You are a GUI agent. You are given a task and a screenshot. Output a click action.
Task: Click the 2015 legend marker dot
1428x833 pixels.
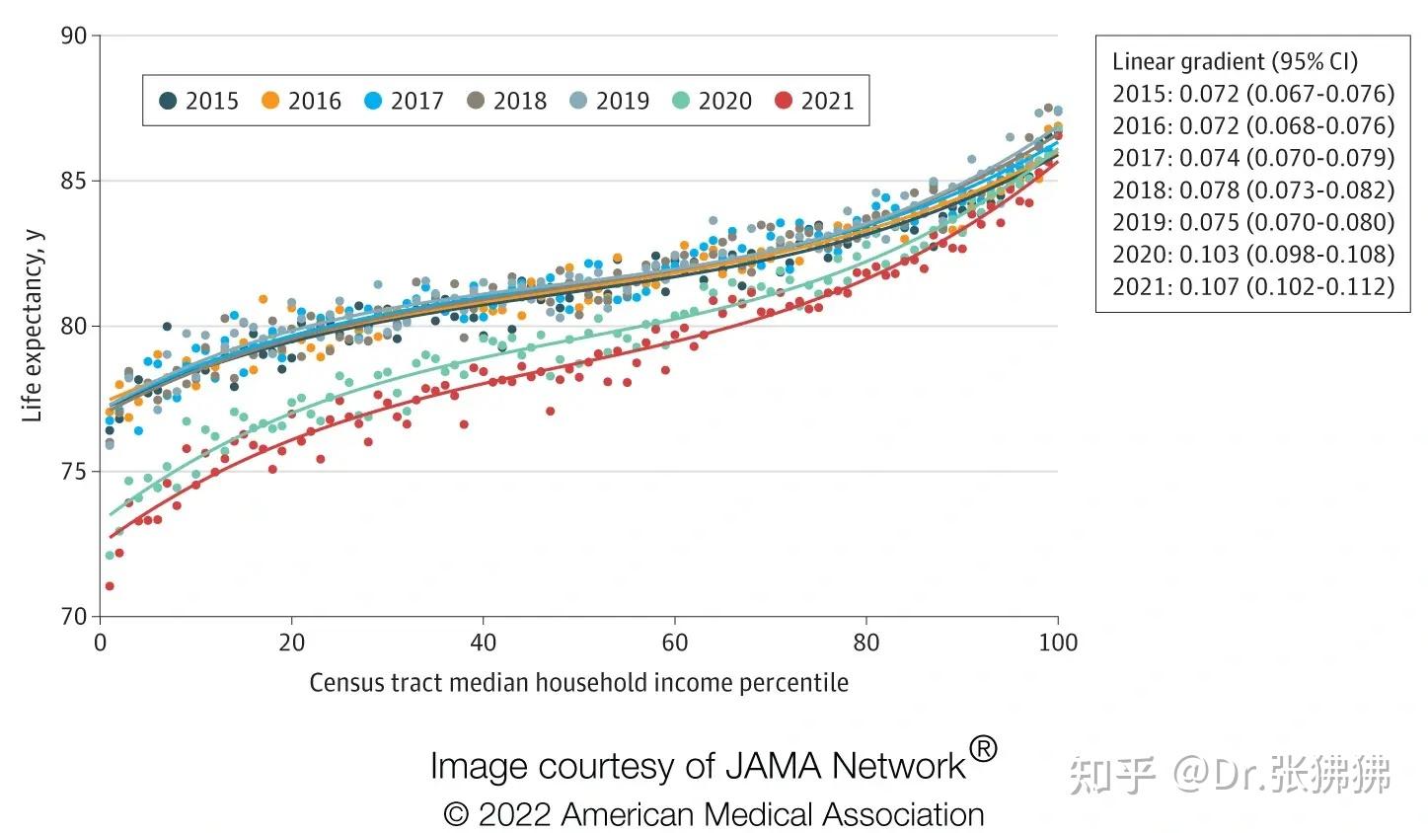point(169,101)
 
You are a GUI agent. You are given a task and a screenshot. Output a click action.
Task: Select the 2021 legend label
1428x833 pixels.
point(827,101)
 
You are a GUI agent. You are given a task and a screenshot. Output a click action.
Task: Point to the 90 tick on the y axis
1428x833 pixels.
point(74,36)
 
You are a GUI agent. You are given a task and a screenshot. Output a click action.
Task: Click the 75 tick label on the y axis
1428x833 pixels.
point(74,472)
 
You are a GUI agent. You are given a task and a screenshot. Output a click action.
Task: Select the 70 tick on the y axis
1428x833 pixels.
point(74,617)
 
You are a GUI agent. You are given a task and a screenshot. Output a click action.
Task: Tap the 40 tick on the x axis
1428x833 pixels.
point(483,643)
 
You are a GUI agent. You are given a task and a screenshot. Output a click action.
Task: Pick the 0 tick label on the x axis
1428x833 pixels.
point(101,643)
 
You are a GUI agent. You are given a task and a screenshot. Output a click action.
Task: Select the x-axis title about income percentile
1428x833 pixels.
point(578,683)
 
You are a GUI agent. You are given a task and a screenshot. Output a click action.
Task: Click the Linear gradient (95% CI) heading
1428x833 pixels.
point(1235,61)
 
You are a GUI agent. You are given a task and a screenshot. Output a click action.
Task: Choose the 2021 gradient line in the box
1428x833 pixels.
point(1253,286)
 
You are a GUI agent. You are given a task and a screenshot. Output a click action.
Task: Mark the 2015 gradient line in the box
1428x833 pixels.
point(1253,94)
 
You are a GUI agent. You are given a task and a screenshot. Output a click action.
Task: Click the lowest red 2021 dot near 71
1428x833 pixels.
point(110,586)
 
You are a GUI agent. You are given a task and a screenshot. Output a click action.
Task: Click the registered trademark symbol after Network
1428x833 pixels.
point(982,749)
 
